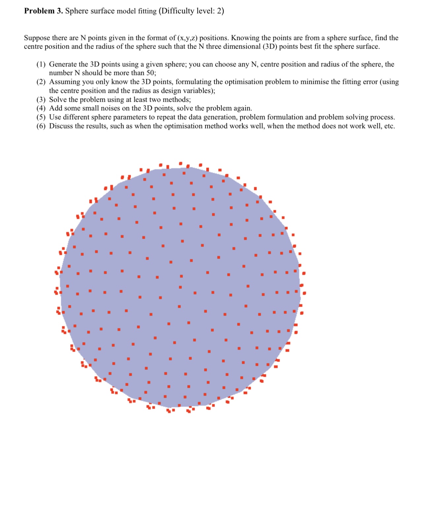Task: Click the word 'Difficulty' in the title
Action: pyautogui.click(x=177, y=11)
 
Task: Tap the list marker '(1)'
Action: pyautogui.click(x=41, y=64)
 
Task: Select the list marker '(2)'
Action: pyautogui.click(x=41, y=82)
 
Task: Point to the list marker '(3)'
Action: pyautogui.click(x=41, y=100)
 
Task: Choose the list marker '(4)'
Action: pyautogui.click(x=41, y=108)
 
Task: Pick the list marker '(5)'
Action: pyautogui.click(x=41, y=117)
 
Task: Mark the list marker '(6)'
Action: pyautogui.click(x=41, y=126)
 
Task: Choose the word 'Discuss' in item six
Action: pyautogui.click(x=61, y=126)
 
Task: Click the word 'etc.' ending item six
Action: pyautogui.click(x=389, y=126)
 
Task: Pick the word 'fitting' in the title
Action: pyautogui.click(x=147, y=11)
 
